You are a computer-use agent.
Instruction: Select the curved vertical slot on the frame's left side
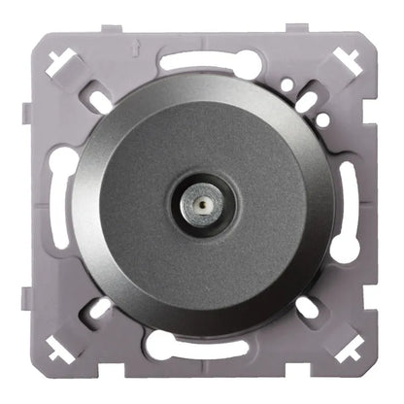tap(59, 206)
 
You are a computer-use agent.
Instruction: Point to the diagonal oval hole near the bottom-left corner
tap(100, 308)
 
